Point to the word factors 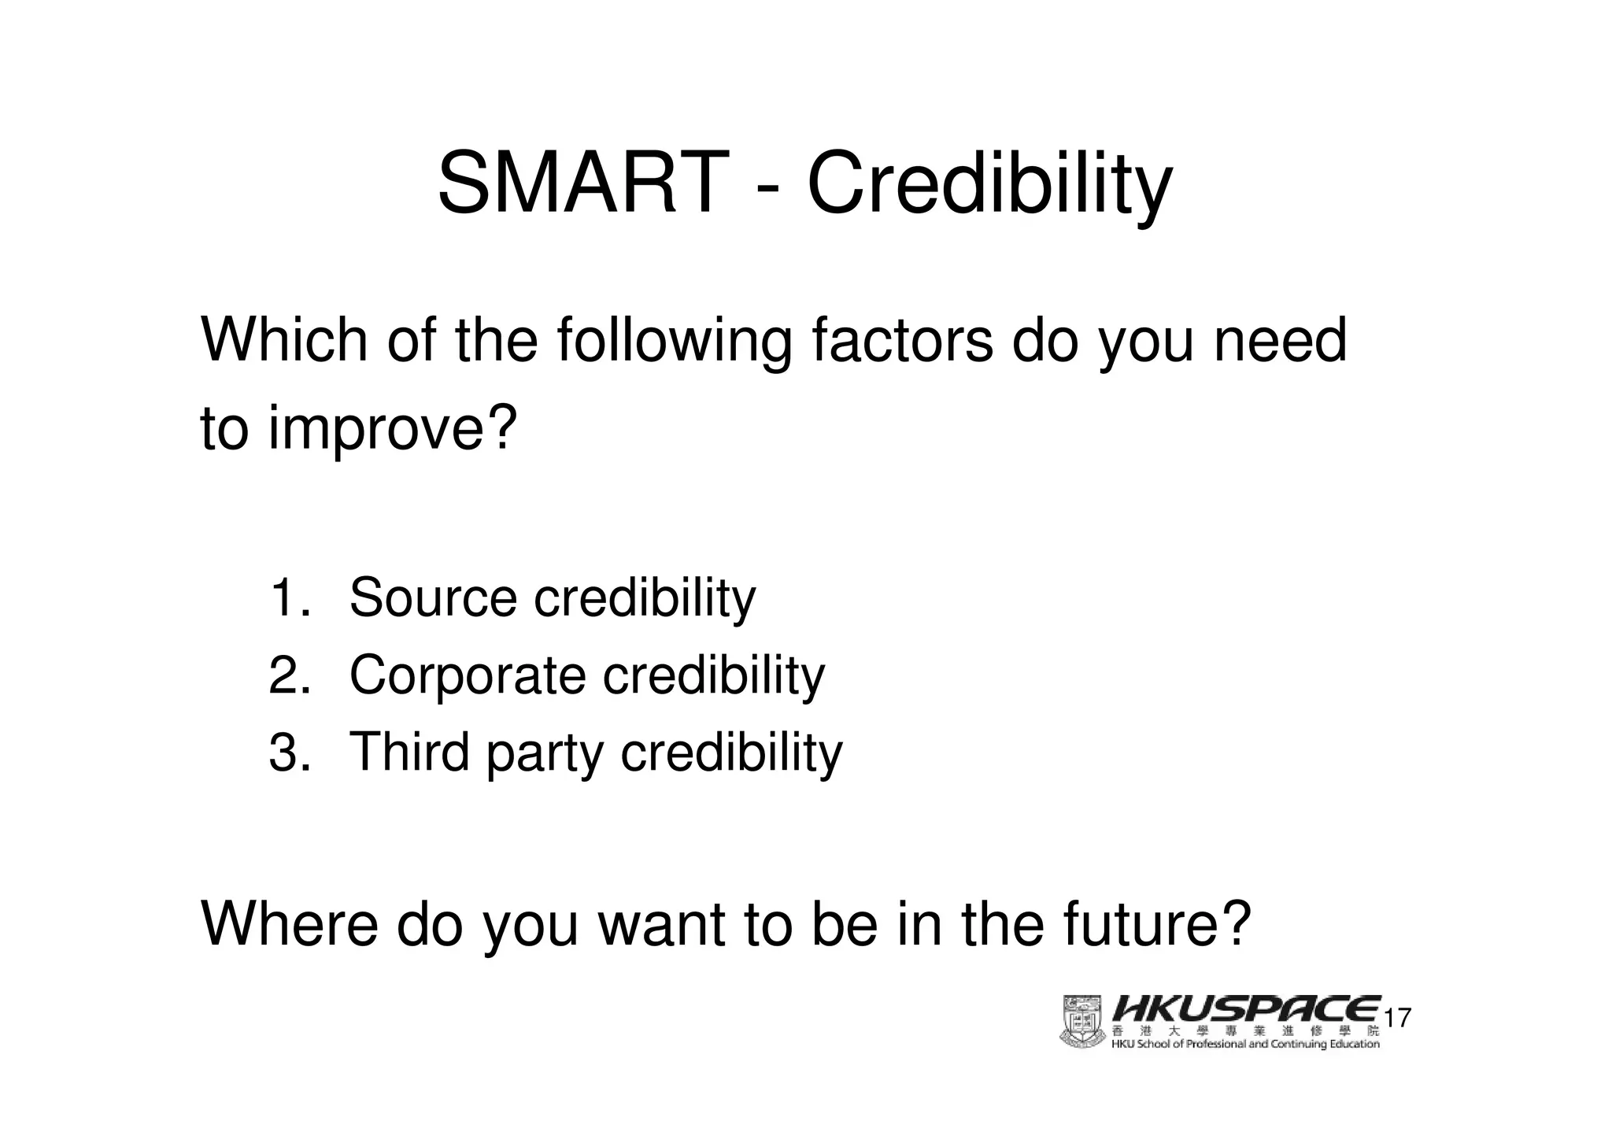point(901,340)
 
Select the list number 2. point(288,675)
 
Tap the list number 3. point(288,752)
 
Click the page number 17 point(1397,1019)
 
